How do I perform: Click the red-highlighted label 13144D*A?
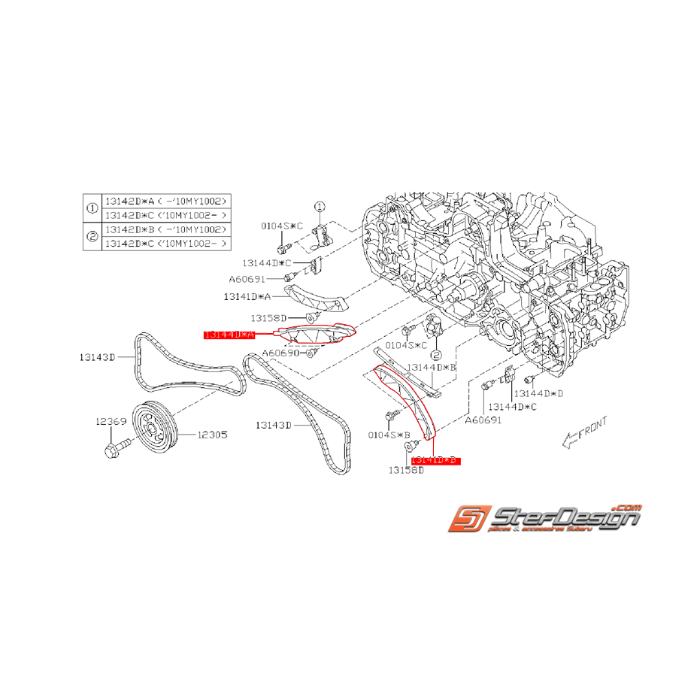tap(230, 333)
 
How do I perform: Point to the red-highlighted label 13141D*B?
tap(434, 459)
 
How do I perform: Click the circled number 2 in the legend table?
tap(92, 236)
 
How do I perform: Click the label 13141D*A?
tap(247, 296)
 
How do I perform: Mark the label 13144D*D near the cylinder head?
tap(539, 393)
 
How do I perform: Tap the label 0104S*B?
tap(389, 435)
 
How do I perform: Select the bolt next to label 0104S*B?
tap(392, 415)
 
